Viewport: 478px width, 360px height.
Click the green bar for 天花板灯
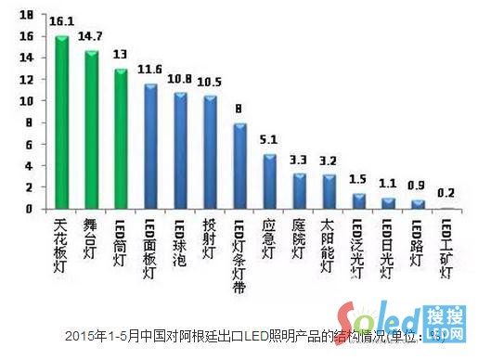pos(62,122)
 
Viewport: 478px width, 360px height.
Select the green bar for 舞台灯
pos(92,130)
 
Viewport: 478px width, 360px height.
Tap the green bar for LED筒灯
pos(121,139)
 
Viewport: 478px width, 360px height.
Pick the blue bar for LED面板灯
pos(150,147)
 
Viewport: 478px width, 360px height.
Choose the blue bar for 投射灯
pos(210,153)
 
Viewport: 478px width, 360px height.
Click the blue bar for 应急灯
pos(269,182)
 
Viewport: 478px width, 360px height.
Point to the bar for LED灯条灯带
pos(239,166)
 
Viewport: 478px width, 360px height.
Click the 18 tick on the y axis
pos(26,15)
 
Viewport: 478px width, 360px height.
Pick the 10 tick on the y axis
pos(26,101)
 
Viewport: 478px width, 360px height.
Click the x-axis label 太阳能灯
pos(329,243)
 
